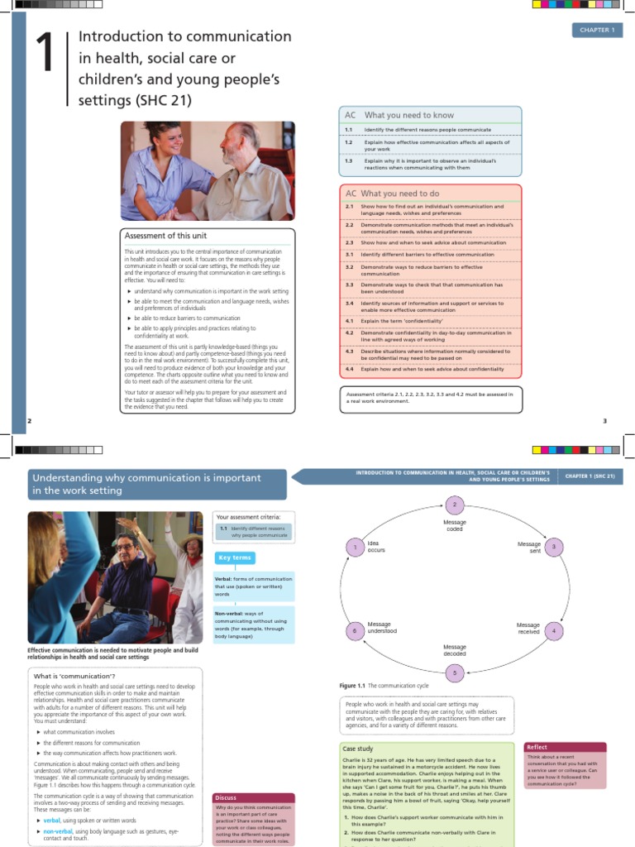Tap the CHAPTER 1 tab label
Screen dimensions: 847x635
[x=596, y=31]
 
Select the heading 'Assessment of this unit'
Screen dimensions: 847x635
[x=165, y=236]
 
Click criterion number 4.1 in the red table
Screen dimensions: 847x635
[x=350, y=320]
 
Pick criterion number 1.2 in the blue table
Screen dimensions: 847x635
[x=350, y=142]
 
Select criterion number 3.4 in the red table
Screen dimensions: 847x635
[x=350, y=303]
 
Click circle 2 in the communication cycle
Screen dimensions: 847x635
[x=453, y=505]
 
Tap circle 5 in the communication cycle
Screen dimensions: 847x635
[x=453, y=672]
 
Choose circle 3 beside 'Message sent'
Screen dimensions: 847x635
[x=553, y=547]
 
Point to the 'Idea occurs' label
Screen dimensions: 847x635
[x=377, y=546]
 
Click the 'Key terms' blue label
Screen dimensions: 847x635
[x=235, y=558]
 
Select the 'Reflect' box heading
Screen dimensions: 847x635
[x=537, y=747]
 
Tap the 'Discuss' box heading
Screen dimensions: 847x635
[x=226, y=797]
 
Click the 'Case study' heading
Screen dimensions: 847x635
[x=359, y=749]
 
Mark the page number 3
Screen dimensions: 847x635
[x=604, y=421]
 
